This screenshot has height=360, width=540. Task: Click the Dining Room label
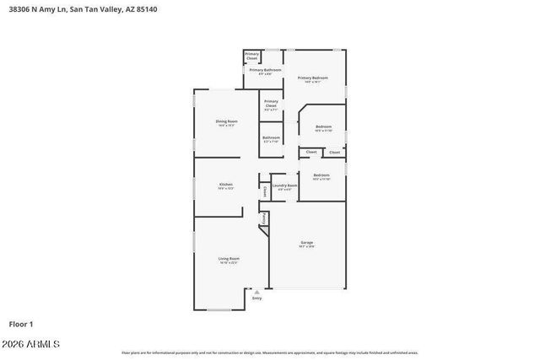227,121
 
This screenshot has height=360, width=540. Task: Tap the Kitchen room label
225,184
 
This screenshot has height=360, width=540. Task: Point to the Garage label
306,243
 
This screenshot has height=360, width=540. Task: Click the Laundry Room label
284,185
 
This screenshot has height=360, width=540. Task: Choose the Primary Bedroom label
312,78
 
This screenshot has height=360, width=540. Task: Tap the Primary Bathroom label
264,70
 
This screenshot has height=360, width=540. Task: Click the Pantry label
264,218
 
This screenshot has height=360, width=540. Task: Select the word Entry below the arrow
256,298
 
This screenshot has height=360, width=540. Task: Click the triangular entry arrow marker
256,292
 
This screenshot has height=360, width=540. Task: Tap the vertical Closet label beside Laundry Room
264,191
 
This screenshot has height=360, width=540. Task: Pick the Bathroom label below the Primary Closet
271,137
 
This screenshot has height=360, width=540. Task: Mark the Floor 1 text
21,323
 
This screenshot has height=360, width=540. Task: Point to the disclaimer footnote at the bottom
269,352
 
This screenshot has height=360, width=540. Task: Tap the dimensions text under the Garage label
306,247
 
